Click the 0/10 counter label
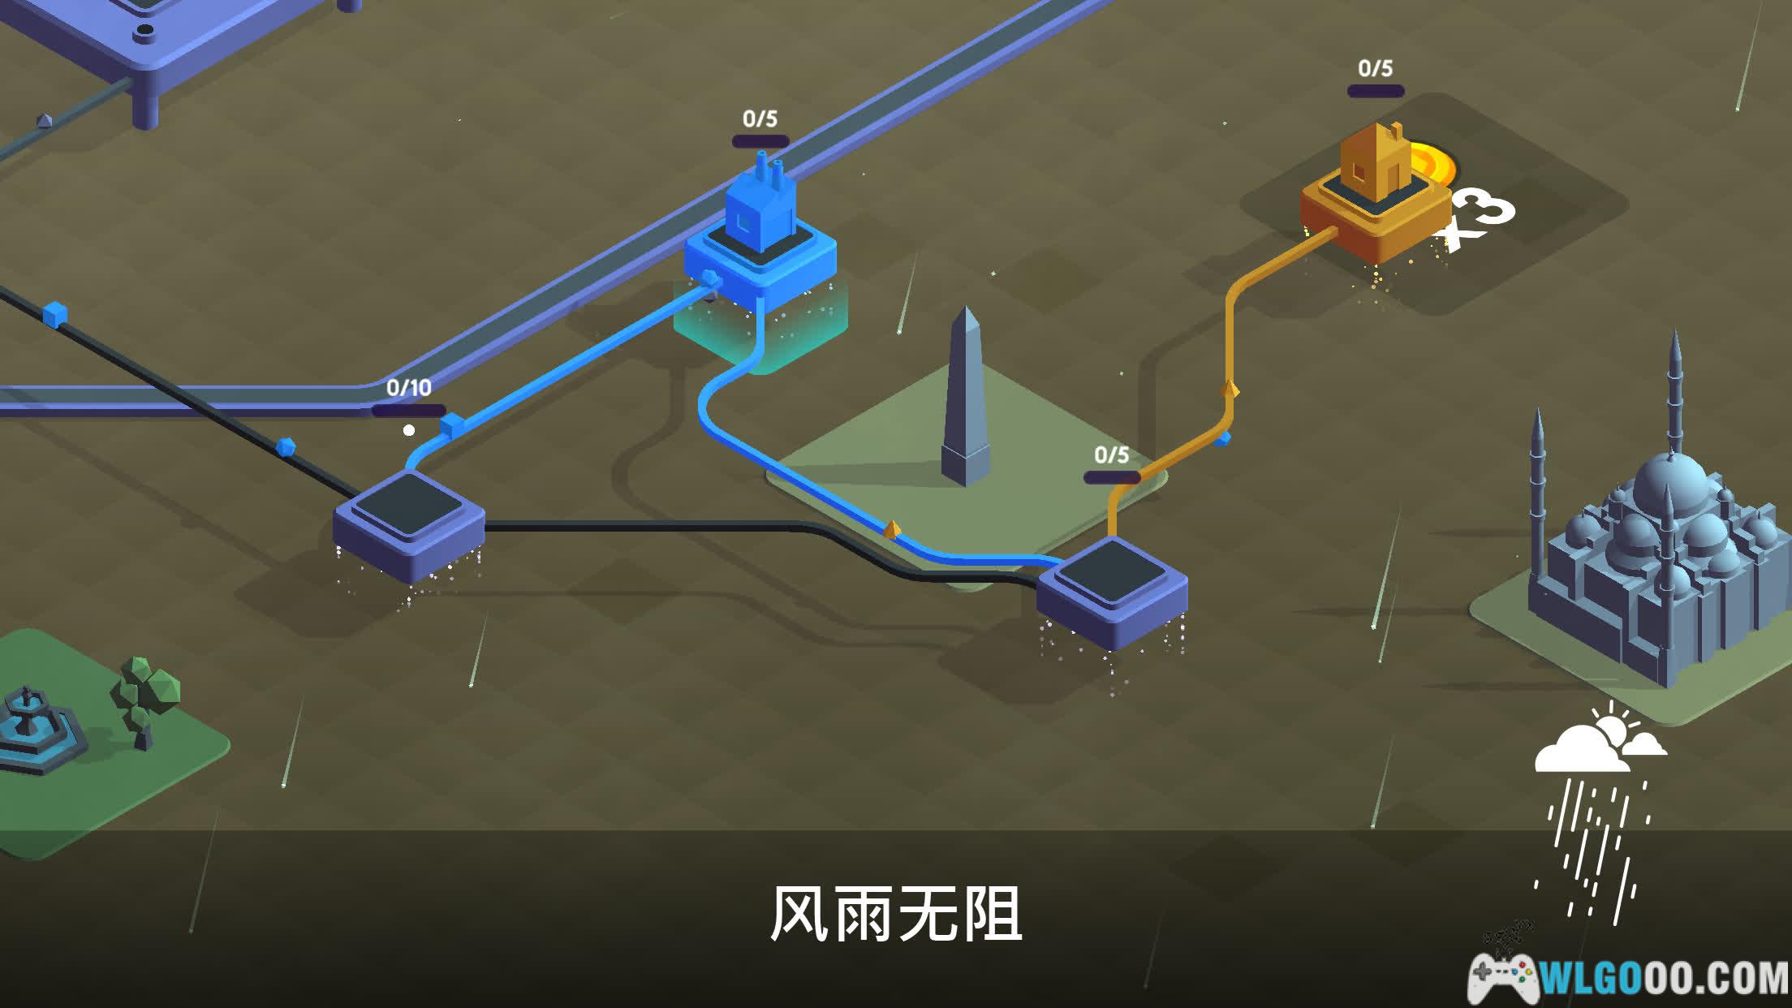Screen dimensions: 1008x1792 tap(408, 388)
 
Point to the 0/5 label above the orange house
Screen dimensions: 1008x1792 tap(1375, 69)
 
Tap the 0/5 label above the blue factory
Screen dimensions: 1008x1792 tap(760, 119)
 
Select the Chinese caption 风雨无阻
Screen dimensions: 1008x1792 tap(895, 915)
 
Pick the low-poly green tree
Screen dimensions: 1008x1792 tap(144, 698)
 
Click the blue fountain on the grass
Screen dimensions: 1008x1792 tap(32, 726)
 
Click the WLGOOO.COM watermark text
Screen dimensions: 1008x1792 tap(1664, 978)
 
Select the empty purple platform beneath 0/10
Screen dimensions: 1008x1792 tap(408, 519)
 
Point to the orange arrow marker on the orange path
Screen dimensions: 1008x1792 tap(1230, 390)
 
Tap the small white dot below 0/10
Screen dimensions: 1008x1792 tap(409, 430)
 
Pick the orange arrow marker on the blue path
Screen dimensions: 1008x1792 tap(891, 529)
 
